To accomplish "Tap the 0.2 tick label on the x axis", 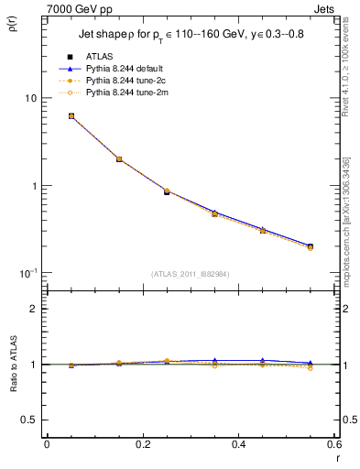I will pos(142,445).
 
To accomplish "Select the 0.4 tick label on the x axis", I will pos(238,445).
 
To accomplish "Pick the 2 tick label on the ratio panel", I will pos(35,309).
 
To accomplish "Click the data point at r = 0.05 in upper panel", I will pos(46,116).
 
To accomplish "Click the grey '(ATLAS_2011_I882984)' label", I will pos(191,274).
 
